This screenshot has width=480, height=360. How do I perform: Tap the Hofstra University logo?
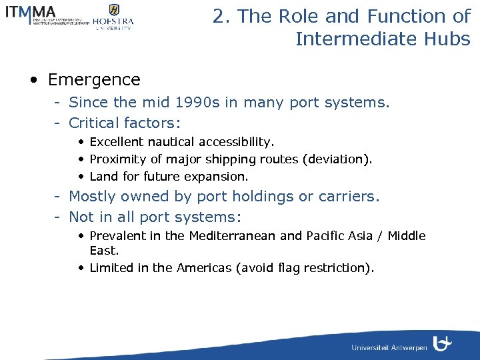[113, 17]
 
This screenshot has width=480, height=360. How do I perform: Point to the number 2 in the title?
[218, 17]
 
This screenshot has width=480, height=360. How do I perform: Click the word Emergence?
[94, 80]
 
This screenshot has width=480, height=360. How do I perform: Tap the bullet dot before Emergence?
[33, 80]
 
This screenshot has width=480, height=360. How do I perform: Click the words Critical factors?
[125, 123]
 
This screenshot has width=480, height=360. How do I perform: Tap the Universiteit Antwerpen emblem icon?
[442, 343]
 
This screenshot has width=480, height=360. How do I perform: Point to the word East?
[103, 251]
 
